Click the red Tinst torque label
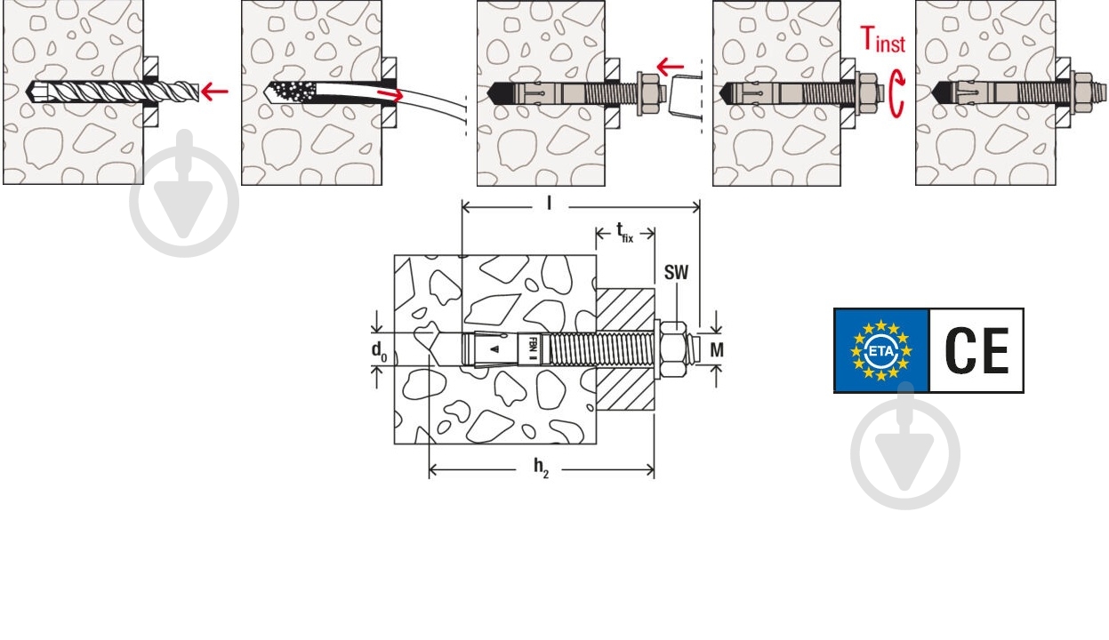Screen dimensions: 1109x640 (883, 39)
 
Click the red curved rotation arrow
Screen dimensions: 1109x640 (898, 94)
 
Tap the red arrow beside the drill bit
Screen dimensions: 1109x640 (215, 91)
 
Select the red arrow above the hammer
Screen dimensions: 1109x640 (670, 66)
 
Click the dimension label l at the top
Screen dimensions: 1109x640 (549, 204)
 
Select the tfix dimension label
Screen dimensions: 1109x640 (625, 232)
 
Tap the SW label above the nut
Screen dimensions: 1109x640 (676, 272)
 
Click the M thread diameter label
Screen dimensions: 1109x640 (717, 350)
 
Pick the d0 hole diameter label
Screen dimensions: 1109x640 (379, 351)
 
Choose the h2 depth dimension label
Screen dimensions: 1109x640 (541, 468)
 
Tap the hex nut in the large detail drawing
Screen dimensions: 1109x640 (674, 349)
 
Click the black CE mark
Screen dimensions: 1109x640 (976, 350)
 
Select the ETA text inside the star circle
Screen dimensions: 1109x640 (881, 351)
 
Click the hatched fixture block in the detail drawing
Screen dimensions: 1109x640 (625, 349)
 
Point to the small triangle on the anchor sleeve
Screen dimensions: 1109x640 (494, 349)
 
